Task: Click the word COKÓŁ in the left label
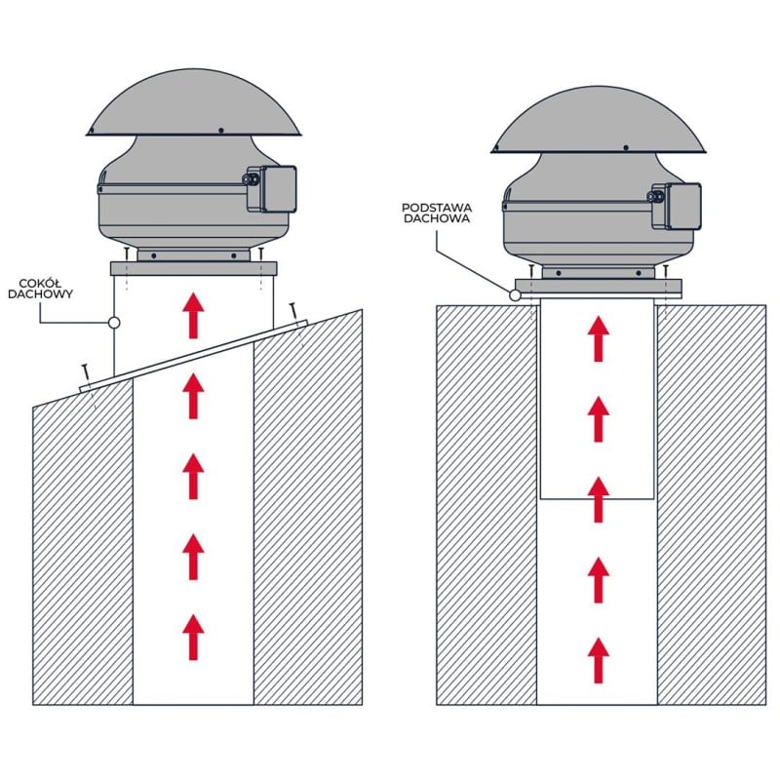click(40, 283)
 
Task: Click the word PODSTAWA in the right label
click(437, 208)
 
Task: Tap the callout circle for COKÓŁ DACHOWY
click(114, 323)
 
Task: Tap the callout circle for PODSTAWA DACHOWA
click(515, 295)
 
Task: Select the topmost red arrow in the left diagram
click(193, 316)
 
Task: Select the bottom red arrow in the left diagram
click(193, 638)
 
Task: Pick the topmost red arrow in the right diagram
click(599, 338)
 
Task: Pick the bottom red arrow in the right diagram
click(599, 661)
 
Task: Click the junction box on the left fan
click(272, 189)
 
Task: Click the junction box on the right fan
click(677, 206)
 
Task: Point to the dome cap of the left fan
click(193, 102)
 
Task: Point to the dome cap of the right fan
click(599, 119)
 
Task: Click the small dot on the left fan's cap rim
click(221, 131)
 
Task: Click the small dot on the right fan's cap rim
click(626, 148)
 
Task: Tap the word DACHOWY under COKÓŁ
click(40, 294)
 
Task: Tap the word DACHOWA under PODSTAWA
click(437, 218)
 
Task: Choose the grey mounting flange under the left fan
click(193, 269)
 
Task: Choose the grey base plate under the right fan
click(599, 287)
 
